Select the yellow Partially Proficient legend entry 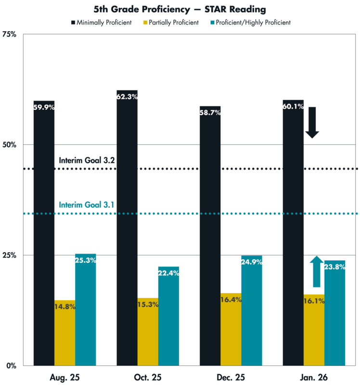tap(169, 23)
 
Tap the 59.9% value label tap(43, 107)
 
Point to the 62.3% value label tap(127, 97)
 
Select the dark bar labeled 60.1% tap(293, 231)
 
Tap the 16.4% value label tap(231, 299)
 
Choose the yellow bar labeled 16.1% tap(314, 332)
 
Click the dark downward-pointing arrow tap(312, 123)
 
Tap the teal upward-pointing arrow tap(316, 271)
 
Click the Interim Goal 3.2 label tap(87, 160)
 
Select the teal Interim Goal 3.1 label tap(87, 205)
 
